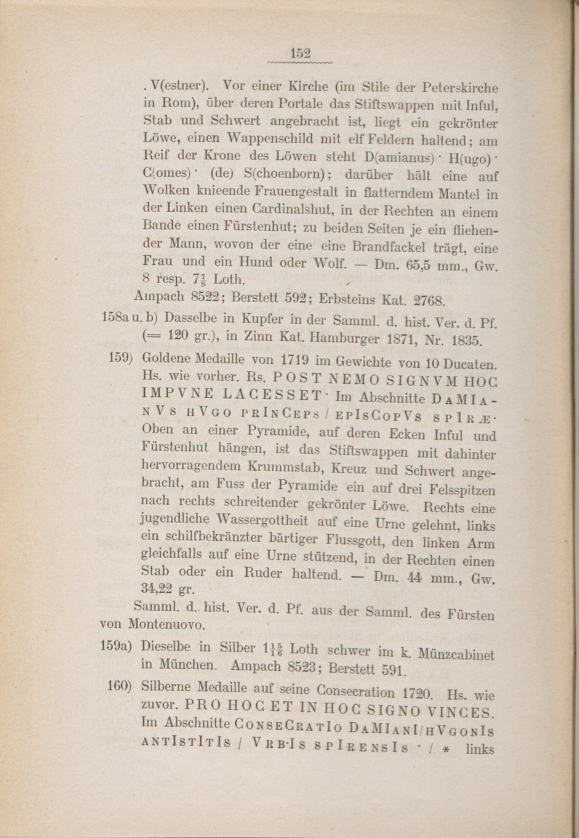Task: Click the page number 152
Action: point(301,54)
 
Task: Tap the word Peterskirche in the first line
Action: point(461,89)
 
